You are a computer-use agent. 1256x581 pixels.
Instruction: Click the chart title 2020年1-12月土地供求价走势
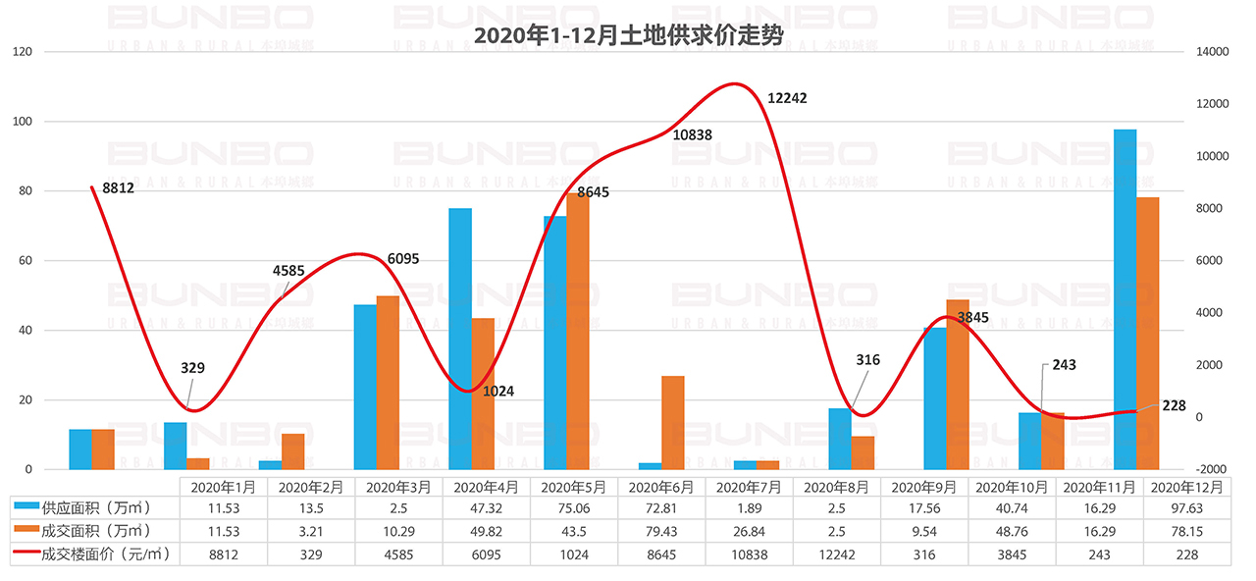[x=628, y=36]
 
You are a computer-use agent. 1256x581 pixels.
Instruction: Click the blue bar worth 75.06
[x=460, y=339]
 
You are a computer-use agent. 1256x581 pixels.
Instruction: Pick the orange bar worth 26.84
[x=673, y=422]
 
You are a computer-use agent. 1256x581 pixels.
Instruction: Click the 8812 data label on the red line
[x=118, y=187]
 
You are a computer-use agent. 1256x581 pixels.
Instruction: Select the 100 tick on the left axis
[x=22, y=122]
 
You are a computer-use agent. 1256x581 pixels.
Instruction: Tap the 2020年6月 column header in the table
[x=662, y=486]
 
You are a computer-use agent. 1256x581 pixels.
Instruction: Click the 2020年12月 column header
[x=1186, y=486]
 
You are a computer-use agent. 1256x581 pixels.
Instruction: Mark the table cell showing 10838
[x=750, y=555]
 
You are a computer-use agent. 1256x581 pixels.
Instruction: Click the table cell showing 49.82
[x=487, y=531]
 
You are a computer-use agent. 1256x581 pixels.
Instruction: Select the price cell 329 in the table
[x=311, y=555]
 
